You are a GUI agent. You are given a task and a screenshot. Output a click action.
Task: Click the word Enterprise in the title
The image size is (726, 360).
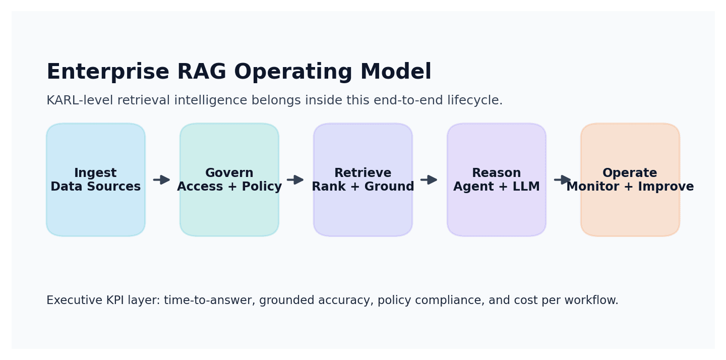(107, 72)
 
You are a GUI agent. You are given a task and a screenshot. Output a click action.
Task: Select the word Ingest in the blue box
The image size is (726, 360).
(95, 173)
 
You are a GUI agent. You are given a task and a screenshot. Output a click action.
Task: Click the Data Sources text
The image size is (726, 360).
(95, 187)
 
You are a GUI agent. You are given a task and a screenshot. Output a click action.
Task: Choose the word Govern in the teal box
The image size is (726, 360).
(229, 173)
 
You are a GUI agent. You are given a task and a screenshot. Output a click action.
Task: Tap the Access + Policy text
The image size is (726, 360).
(229, 187)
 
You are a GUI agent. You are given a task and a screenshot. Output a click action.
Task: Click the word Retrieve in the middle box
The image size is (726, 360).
(362, 173)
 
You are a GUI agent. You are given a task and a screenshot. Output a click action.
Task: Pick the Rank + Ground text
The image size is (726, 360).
(362, 187)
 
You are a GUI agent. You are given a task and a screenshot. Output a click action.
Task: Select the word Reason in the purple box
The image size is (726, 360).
(496, 173)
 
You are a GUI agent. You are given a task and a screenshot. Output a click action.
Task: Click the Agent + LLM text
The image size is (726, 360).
(496, 187)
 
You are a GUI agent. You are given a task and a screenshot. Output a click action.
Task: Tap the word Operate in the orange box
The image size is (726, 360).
(630, 173)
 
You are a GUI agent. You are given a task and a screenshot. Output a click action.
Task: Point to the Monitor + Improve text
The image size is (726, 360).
(630, 187)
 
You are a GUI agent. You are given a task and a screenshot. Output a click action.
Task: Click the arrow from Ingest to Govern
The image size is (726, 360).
(162, 180)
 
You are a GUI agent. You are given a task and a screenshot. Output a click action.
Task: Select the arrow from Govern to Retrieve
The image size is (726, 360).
(295, 180)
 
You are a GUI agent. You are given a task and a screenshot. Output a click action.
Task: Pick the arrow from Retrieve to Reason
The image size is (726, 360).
(429, 180)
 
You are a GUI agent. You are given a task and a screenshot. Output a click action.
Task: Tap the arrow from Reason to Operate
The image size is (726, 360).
(563, 180)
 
